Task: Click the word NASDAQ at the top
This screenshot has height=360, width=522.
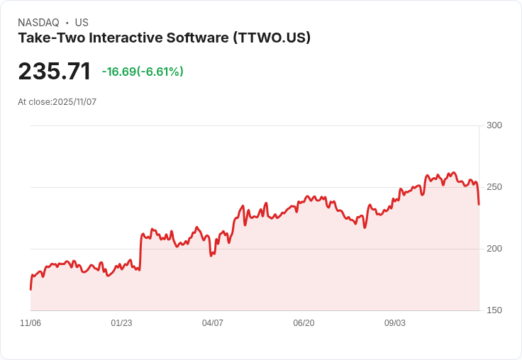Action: (38, 23)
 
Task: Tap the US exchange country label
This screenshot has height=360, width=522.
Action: (82, 23)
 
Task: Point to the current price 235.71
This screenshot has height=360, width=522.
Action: (55, 72)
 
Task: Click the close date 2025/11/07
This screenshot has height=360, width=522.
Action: (74, 102)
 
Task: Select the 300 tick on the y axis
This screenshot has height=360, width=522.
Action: (494, 125)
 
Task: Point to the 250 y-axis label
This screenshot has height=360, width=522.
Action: (494, 187)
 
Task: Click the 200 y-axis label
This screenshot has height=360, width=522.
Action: (494, 249)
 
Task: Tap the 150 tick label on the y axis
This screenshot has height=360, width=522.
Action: (494, 310)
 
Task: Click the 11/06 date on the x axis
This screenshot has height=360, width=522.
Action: (30, 323)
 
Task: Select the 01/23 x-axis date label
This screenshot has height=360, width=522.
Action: (121, 323)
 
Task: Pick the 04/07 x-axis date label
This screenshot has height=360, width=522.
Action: (213, 323)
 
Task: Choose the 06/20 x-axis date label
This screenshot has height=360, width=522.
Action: (304, 323)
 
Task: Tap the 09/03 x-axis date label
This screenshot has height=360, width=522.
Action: (395, 323)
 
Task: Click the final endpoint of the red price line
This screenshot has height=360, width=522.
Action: (479, 205)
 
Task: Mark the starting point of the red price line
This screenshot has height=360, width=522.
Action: (30, 289)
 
